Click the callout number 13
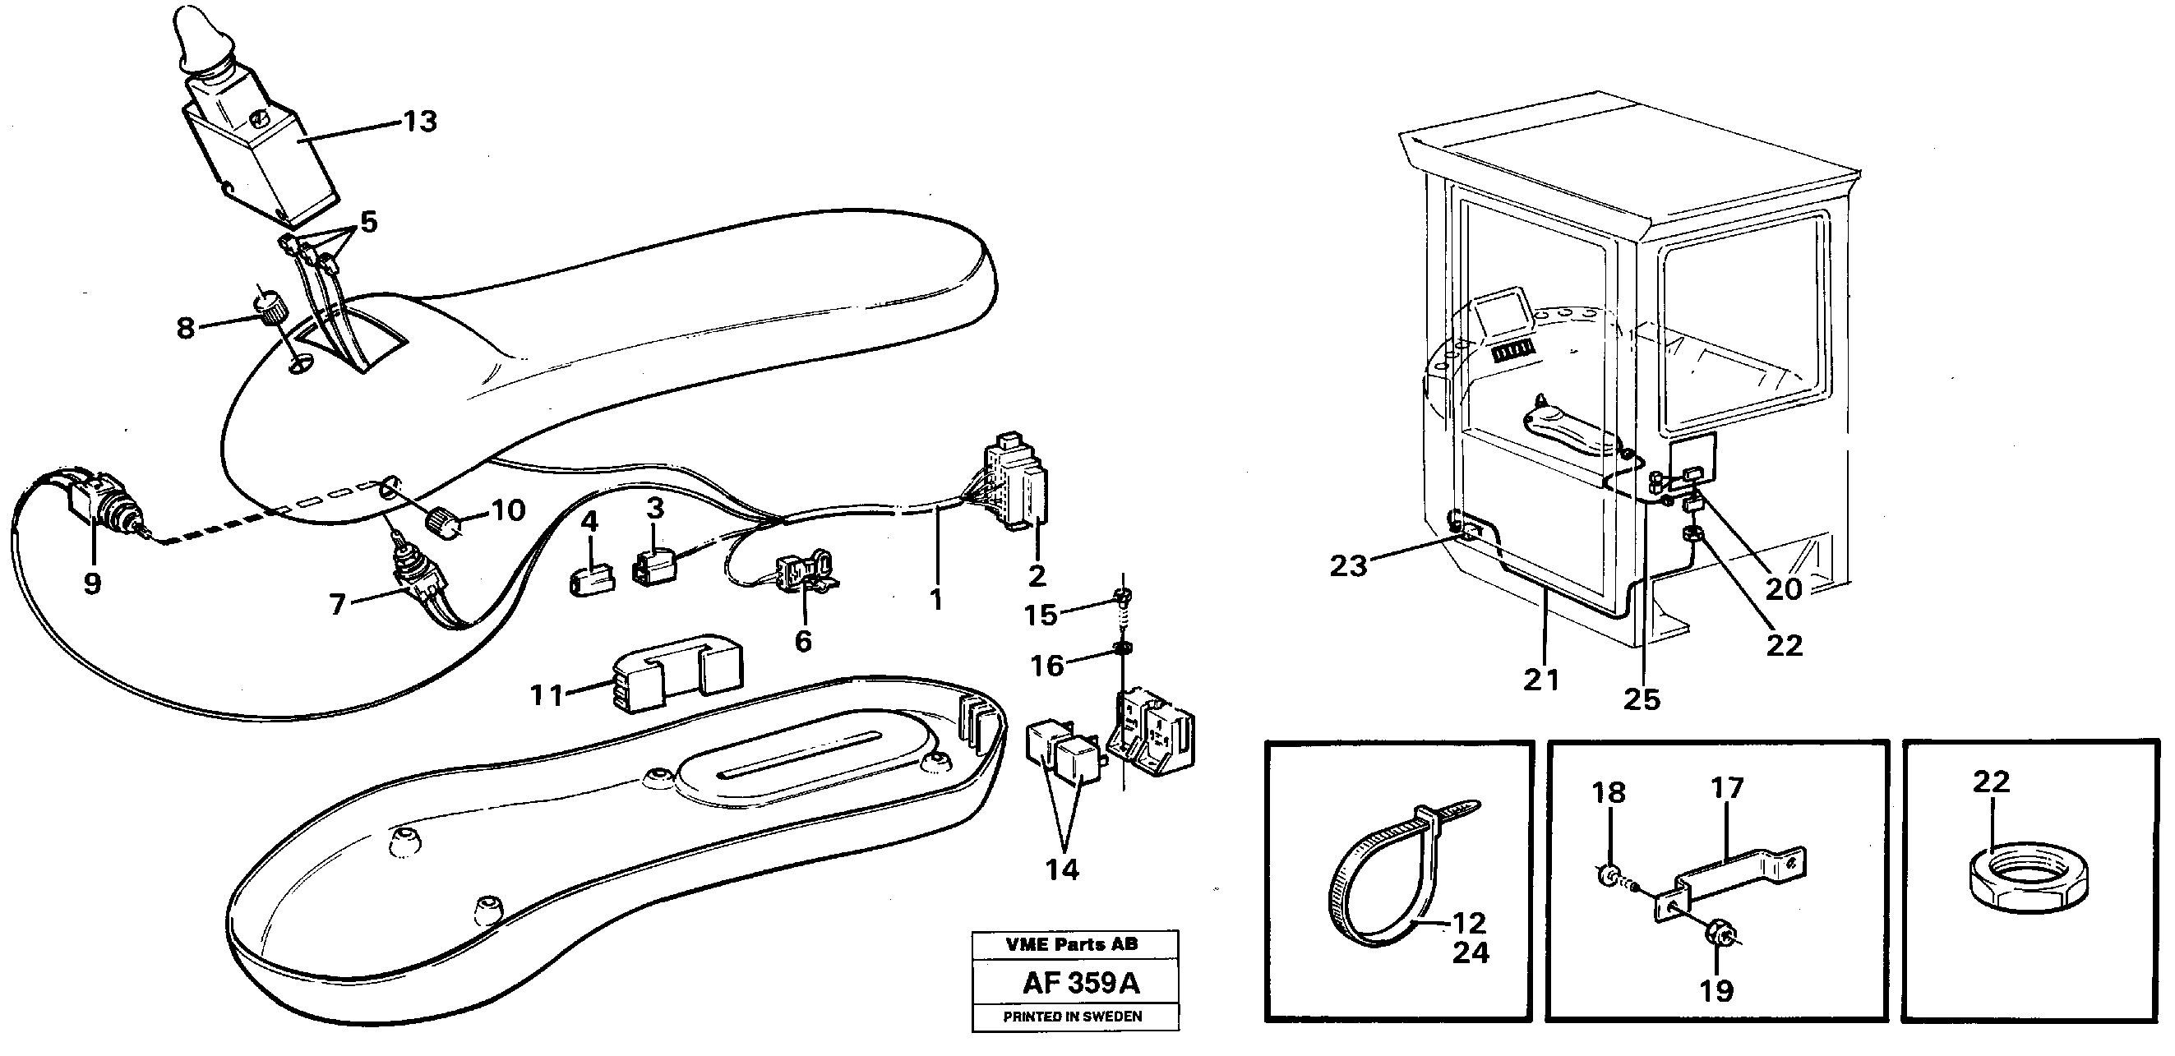coord(420,122)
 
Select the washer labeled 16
coord(1123,649)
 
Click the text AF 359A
coord(1080,984)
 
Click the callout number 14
coord(1062,869)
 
